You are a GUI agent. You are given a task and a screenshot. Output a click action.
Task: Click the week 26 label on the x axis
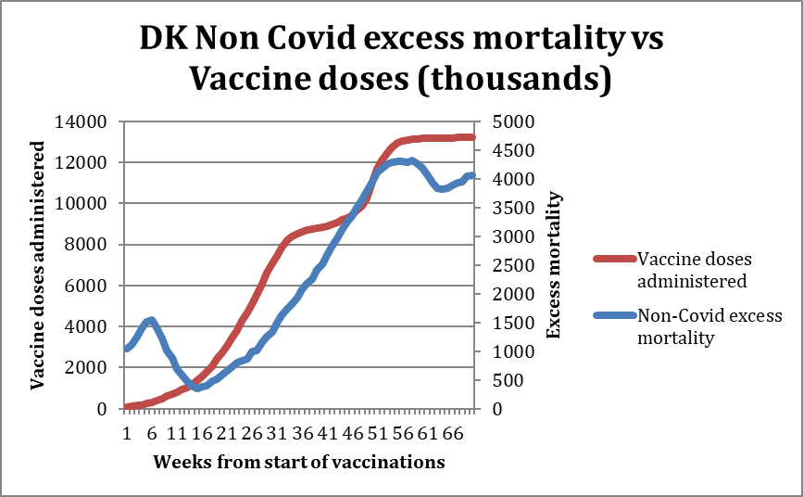tap(252, 434)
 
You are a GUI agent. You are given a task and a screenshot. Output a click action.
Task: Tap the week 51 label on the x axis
tap(378, 434)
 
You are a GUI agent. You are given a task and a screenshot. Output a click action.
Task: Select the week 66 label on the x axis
tap(453, 434)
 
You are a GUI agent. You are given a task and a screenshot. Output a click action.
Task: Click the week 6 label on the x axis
tap(152, 434)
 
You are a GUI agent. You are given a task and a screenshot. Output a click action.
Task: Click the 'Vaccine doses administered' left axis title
tap(38, 264)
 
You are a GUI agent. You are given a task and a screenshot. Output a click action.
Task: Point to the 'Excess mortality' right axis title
tap(556, 264)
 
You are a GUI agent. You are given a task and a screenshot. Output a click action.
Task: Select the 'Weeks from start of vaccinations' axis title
tap(299, 461)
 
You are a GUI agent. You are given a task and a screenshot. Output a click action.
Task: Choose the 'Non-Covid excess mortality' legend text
tap(709, 326)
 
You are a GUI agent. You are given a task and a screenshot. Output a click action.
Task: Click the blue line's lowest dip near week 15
tap(195, 388)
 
